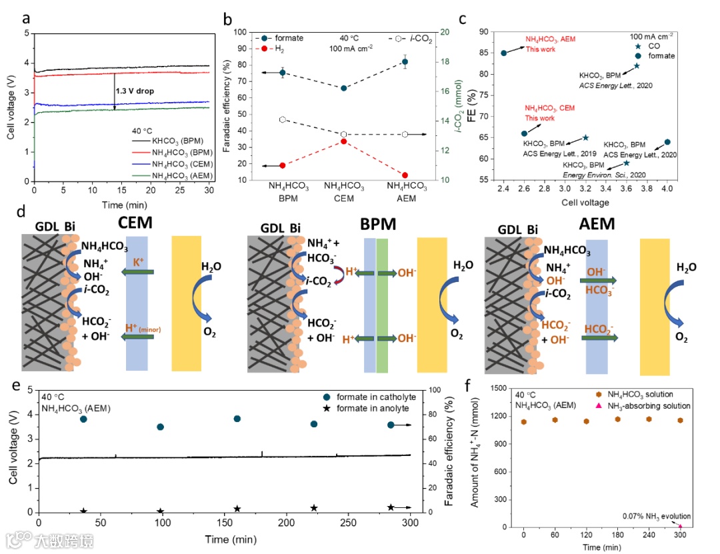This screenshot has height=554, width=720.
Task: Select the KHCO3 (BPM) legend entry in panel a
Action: pyautogui.click(x=169, y=141)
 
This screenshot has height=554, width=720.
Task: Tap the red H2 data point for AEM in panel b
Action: pyautogui.click(x=405, y=175)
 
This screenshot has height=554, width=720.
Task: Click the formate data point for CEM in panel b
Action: pyautogui.click(x=344, y=88)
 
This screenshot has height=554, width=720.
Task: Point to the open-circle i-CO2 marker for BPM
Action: pyautogui.click(x=282, y=119)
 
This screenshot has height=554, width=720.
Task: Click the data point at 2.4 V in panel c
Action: pyautogui.click(x=504, y=53)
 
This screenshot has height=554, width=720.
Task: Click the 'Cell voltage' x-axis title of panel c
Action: pyautogui.click(x=584, y=202)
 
